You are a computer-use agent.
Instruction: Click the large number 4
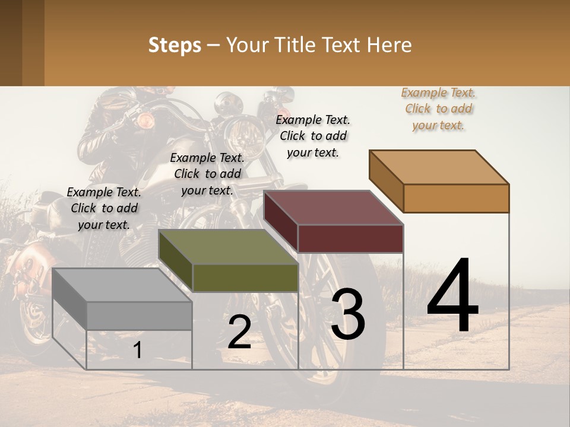tap(452, 297)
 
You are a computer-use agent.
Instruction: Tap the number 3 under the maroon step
tap(348, 315)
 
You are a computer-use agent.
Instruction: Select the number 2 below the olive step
tap(239, 333)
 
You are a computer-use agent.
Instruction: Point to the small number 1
tap(138, 350)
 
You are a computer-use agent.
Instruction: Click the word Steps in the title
tap(175, 45)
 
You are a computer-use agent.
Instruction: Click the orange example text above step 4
tap(438, 109)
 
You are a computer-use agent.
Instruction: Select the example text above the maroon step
tap(313, 136)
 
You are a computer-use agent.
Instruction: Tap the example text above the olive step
tap(207, 174)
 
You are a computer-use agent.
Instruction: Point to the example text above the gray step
tap(104, 208)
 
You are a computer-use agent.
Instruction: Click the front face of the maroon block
tap(350, 238)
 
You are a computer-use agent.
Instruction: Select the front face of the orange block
tap(456, 198)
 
